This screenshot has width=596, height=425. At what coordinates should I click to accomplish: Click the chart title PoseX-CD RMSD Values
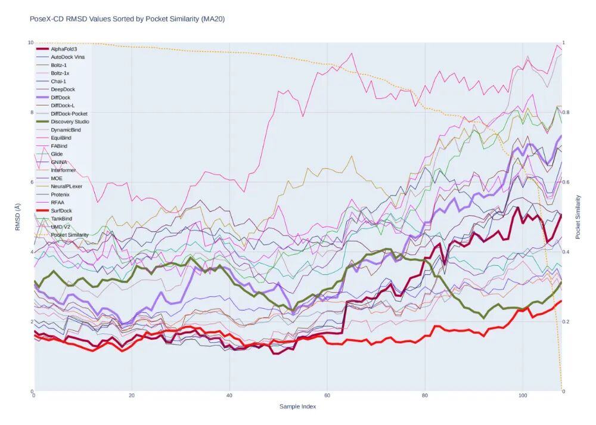pyautogui.click(x=127, y=19)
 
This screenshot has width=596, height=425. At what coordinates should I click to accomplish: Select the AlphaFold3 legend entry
pyautogui.click(x=64, y=49)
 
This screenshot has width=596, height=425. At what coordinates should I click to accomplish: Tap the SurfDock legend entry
pyautogui.click(x=61, y=210)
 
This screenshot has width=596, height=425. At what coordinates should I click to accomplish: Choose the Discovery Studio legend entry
pyautogui.click(x=70, y=122)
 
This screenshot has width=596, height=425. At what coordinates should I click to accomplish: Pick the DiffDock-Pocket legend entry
pyautogui.click(x=69, y=113)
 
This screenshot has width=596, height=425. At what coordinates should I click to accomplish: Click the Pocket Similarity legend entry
pyautogui.click(x=70, y=235)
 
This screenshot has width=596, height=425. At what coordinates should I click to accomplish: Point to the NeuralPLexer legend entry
pyautogui.click(x=66, y=186)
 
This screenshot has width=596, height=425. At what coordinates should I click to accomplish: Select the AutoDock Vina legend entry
pyautogui.click(x=67, y=57)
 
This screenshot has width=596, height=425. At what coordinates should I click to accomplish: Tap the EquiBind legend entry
pyautogui.click(x=61, y=138)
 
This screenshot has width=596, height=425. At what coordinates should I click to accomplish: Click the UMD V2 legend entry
pyautogui.click(x=61, y=227)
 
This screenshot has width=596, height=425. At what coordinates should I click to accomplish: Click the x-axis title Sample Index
pyautogui.click(x=297, y=407)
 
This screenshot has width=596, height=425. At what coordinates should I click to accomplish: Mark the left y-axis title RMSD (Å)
pyautogui.click(x=17, y=217)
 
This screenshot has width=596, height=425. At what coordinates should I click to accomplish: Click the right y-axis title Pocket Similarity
pyautogui.click(x=578, y=217)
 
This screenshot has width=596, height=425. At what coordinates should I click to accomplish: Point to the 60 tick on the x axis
pyautogui.click(x=327, y=395)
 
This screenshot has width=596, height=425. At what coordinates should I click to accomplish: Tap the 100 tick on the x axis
pyautogui.click(x=523, y=395)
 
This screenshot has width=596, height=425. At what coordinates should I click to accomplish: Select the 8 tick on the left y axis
pyautogui.click(x=30, y=112)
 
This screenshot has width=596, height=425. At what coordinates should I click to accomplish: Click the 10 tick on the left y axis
pyautogui.click(x=30, y=42)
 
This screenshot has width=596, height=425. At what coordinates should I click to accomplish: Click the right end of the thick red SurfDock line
pyautogui.click(x=561, y=301)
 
